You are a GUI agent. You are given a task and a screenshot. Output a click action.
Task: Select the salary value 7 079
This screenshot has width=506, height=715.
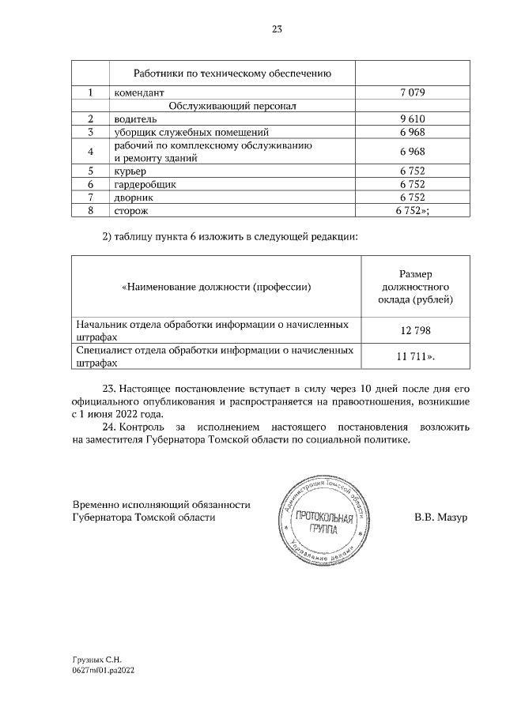(413, 92)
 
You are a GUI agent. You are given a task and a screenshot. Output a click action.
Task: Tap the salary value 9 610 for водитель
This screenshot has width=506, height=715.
(413, 119)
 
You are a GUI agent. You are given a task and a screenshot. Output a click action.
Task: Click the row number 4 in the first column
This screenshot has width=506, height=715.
(91, 151)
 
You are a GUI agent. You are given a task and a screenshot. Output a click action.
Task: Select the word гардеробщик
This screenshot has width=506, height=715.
(145, 183)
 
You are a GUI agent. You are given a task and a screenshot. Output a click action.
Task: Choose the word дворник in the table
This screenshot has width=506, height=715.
(134, 197)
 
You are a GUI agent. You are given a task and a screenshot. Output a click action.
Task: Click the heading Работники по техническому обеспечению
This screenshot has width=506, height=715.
(231, 73)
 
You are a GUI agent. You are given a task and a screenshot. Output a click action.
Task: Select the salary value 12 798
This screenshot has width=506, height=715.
(413, 330)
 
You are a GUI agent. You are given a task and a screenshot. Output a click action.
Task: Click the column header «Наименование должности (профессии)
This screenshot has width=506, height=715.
(216, 286)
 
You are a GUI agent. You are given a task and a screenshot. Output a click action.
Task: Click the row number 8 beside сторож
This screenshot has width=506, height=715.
(91, 210)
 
